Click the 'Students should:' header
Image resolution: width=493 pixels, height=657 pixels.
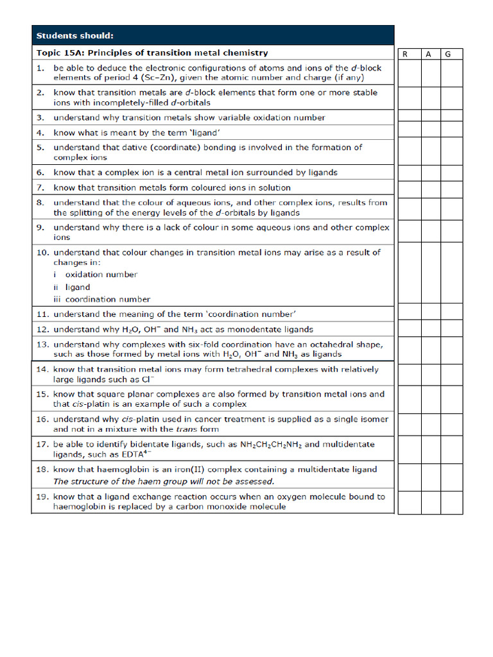(74, 35)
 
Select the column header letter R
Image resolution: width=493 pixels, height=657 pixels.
(405, 54)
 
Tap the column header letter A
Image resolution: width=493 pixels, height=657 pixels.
(428, 54)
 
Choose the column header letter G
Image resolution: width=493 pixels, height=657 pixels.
(448, 54)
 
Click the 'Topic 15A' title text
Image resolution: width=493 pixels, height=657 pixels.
(152, 53)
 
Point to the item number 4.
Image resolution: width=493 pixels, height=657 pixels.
(40, 133)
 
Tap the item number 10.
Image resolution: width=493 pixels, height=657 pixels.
(42, 252)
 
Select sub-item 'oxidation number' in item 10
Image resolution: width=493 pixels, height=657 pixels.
(101, 275)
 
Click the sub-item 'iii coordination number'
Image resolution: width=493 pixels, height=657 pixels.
(101, 299)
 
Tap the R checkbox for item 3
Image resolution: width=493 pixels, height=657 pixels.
(409, 117)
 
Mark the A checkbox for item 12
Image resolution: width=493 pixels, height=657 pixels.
(429, 329)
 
